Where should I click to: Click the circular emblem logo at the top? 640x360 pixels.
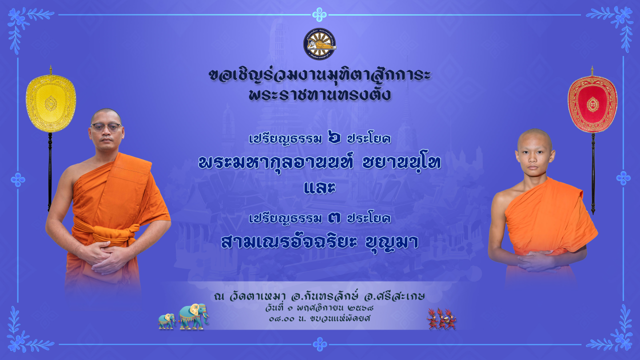coord(319,44)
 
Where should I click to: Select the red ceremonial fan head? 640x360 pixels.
coord(592,104)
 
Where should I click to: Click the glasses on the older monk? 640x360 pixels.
coord(106,127)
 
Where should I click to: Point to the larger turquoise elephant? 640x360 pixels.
coord(193,316)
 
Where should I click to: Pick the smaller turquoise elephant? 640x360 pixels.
coord(167,321)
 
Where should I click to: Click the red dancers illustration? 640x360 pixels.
coord(441,319)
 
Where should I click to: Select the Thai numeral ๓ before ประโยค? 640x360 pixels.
coord(334,218)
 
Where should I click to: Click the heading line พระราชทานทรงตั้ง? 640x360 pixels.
coord(319,95)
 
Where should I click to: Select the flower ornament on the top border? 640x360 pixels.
coord(319,14)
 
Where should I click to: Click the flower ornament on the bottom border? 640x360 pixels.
coord(319,344)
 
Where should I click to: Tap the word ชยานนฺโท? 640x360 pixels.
coord(401,163)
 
